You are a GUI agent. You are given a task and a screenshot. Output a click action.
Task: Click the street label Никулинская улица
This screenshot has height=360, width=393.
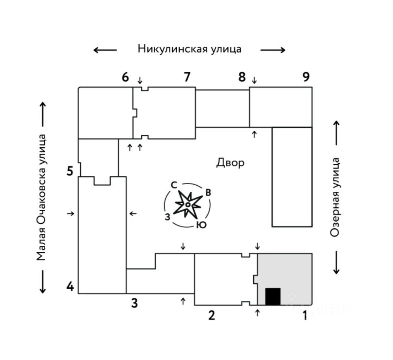[189, 49]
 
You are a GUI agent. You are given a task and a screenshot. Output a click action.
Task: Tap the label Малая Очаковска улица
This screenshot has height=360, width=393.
[42, 197]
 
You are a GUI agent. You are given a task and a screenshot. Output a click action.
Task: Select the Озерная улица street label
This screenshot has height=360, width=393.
[335, 197]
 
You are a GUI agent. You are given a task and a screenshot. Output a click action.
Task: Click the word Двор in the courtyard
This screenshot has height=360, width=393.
[230, 163]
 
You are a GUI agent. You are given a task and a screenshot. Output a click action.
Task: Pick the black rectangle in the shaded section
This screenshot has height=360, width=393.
[273, 296]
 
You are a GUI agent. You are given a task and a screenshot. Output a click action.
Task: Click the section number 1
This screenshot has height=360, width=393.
[305, 315]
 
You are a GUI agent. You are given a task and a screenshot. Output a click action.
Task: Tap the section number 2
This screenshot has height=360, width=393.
[211, 315]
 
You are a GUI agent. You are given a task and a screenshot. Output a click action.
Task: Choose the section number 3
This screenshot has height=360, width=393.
[134, 303]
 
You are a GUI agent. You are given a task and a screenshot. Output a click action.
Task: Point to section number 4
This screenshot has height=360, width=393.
[70, 286]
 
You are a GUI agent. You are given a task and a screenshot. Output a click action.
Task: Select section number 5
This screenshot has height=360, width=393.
[70, 171]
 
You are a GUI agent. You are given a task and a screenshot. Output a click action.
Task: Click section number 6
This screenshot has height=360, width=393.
[125, 77]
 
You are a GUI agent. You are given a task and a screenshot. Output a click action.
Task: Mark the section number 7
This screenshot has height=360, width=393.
[187, 77]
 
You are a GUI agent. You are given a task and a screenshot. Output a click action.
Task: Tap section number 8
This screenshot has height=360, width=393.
[242, 77]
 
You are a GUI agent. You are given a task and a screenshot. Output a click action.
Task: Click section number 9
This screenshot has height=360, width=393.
[306, 77]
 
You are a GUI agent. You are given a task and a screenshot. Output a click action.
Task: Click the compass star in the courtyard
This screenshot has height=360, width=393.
[187, 204]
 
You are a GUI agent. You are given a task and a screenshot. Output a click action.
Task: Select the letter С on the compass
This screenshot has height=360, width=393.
[174, 185]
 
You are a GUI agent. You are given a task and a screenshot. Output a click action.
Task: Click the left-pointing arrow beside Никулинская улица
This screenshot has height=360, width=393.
[105, 50]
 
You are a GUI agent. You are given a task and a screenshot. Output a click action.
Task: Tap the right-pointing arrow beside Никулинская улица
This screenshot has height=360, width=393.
[273, 50]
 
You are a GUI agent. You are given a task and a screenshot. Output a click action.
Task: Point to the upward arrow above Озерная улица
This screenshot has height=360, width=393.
[336, 133]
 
